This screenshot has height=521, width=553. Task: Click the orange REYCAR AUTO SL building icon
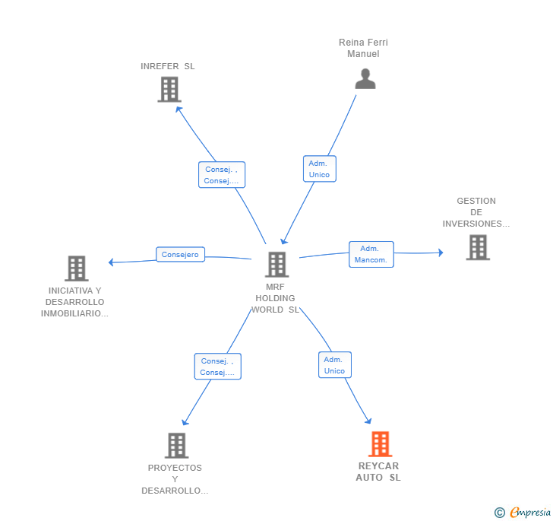click(x=380, y=444)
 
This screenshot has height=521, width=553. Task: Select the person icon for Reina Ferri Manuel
click(x=365, y=78)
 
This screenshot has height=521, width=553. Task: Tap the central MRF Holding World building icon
click(x=276, y=265)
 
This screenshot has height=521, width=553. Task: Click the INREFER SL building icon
click(x=169, y=90)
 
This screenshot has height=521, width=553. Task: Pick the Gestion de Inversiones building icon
click(x=478, y=248)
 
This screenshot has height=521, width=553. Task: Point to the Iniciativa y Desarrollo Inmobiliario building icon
click(x=77, y=268)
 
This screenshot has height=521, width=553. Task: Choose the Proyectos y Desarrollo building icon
click(x=177, y=446)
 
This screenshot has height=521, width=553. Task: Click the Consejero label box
click(x=180, y=254)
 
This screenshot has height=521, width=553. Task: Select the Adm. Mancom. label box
click(x=371, y=254)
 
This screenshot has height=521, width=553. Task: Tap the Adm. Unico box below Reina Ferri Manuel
click(x=320, y=169)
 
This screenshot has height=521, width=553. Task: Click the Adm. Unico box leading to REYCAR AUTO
click(x=335, y=365)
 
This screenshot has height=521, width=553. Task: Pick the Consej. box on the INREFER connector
click(x=222, y=175)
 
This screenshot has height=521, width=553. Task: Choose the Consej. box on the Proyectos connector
click(x=217, y=367)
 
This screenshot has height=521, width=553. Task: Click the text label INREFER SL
click(x=168, y=66)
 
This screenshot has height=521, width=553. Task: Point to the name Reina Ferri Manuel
click(x=363, y=48)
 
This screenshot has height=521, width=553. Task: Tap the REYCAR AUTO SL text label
click(x=378, y=472)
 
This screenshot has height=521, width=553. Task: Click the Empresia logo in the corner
click(x=523, y=512)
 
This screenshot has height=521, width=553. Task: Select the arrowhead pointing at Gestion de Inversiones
click(x=441, y=253)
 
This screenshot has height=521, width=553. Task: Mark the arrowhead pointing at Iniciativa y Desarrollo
click(x=110, y=262)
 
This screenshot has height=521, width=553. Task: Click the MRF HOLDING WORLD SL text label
click(x=275, y=298)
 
